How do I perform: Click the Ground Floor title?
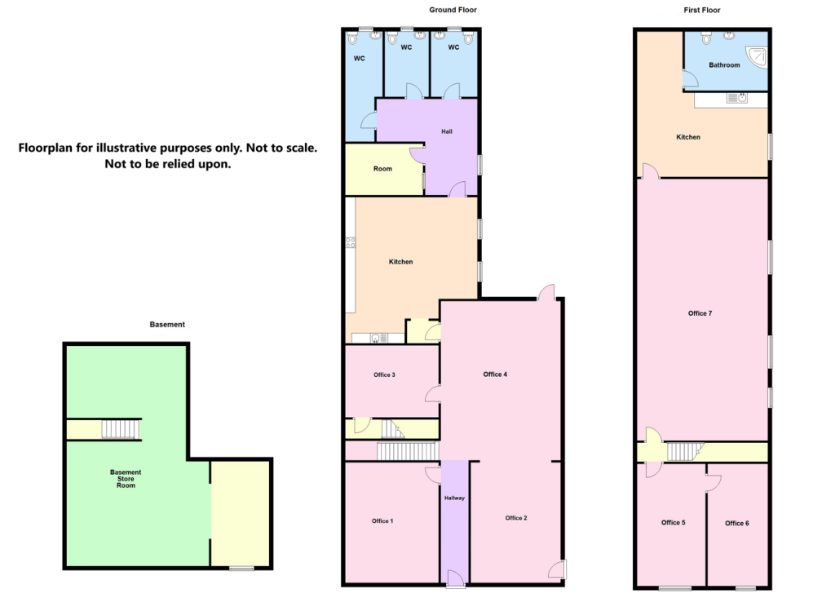pyautogui.click(x=453, y=10)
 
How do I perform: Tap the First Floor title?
pyautogui.click(x=701, y=10)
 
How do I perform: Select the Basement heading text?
pyautogui.click(x=167, y=325)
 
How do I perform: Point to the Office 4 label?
pyautogui.click(x=495, y=374)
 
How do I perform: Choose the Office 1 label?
pyautogui.click(x=382, y=521)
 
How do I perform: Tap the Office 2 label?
pyautogui.click(x=516, y=518)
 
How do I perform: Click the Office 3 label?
pyautogui.click(x=384, y=375)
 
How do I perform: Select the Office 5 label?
pyautogui.click(x=673, y=522)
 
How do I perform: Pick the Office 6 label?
pyautogui.click(x=736, y=523)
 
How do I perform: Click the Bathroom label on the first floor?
pyautogui.click(x=724, y=64)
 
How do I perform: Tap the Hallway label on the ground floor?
pyautogui.click(x=454, y=498)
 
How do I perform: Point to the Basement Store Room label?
pyautogui.click(x=126, y=479)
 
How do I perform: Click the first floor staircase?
pyautogui.click(x=684, y=451)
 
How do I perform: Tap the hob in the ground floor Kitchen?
pyautogui.click(x=351, y=241)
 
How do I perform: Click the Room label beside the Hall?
pyautogui.click(x=382, y=169)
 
